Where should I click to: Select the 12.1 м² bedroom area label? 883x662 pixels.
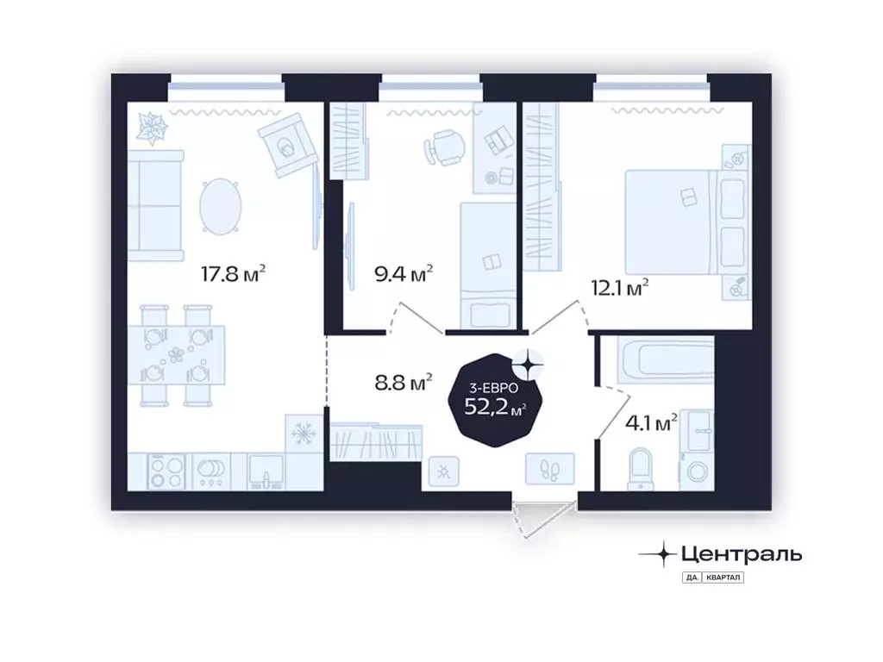click(x=619, y=288)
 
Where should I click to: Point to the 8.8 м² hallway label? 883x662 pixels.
click(x=404, y=382)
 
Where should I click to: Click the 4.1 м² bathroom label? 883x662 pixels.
click(x=651, y=422)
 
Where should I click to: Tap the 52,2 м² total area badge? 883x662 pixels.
click(x=495, y=400)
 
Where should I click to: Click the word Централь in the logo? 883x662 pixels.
click(x=742, y=554)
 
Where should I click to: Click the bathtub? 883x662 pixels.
click(x=666, y=359)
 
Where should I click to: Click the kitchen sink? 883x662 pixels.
click(x=266, y=472)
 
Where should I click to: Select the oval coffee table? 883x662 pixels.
click(x=221, y=206)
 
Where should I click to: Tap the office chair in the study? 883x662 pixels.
click(x=444, y=147)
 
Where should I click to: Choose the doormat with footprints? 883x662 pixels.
click(x=550, y=469)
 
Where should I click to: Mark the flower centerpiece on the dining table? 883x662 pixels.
click(x=177, y=354)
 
